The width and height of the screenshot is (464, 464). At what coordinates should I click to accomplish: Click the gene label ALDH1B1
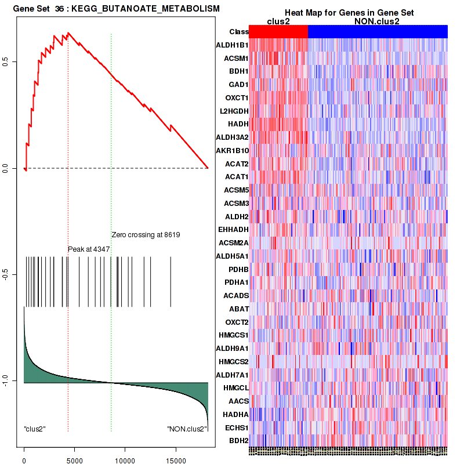coord(232,45)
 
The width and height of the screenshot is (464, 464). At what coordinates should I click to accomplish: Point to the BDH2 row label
coord(238,441)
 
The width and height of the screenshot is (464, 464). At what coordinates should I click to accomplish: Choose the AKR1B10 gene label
coord(232,150)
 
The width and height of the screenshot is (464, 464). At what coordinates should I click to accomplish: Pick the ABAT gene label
coord(238,309)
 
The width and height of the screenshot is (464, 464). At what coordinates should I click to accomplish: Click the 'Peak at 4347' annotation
coord(89,249)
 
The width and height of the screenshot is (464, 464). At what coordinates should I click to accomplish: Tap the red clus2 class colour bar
coord(278,31)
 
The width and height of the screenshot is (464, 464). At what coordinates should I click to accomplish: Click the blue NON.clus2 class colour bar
coord(378,31)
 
